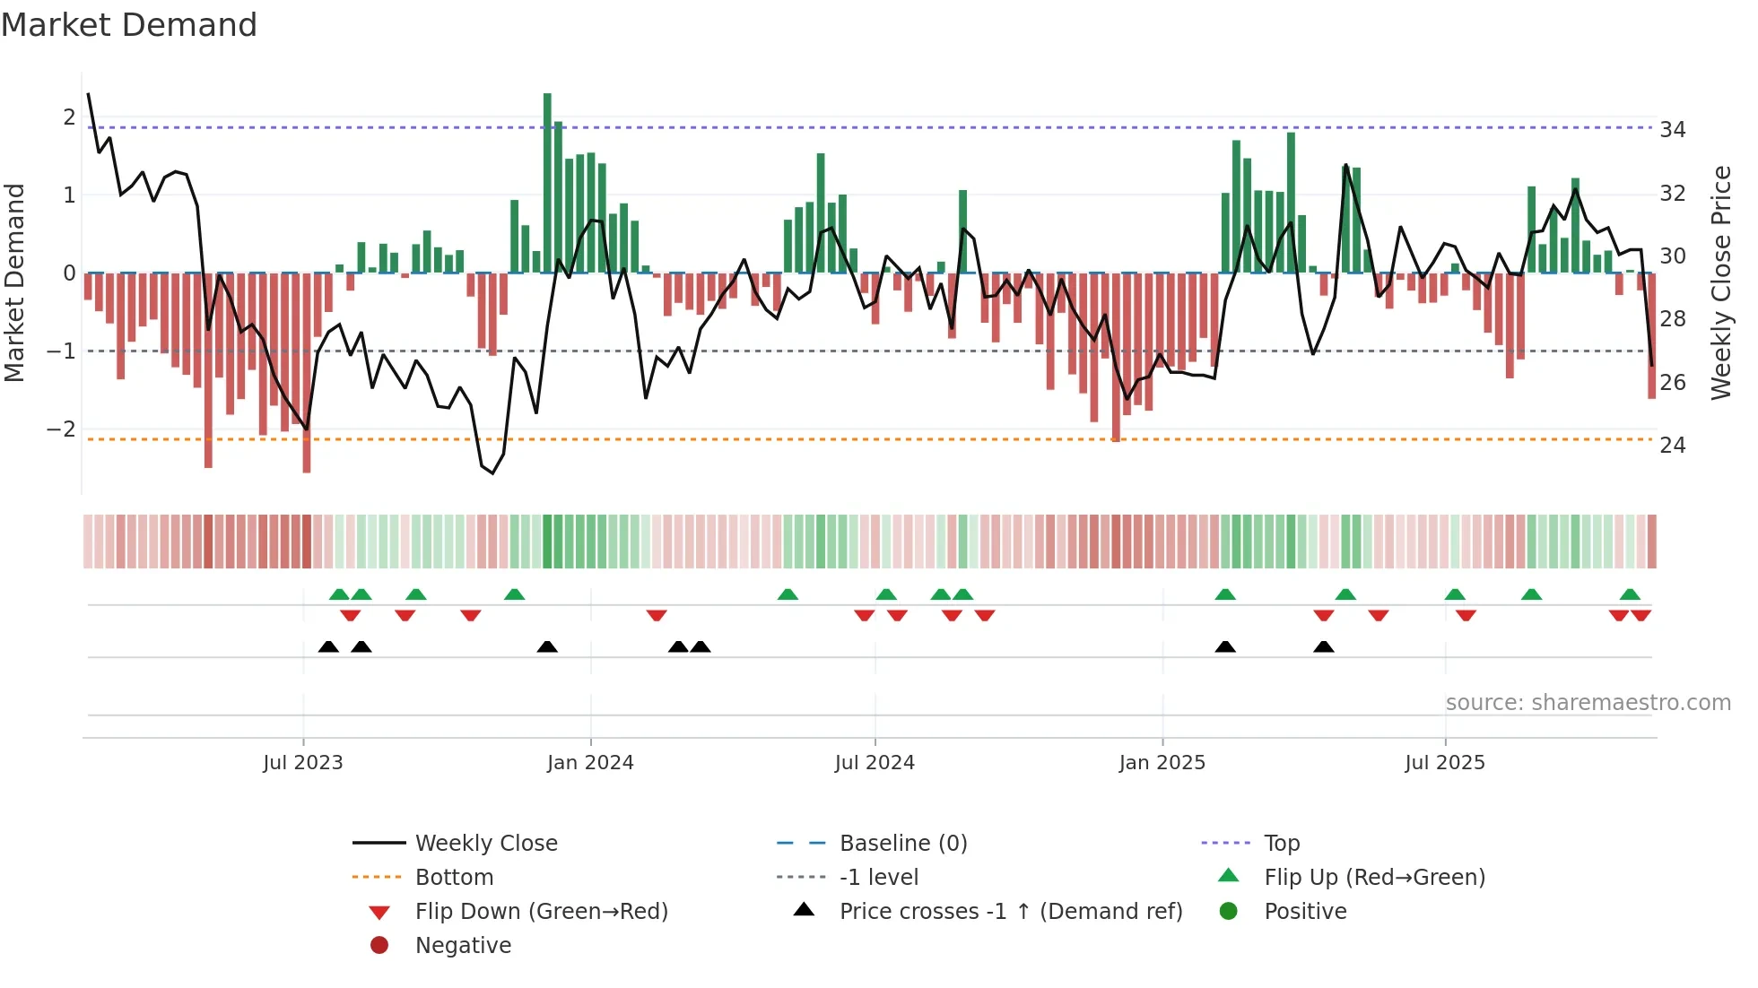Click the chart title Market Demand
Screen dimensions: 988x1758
coord(129,25)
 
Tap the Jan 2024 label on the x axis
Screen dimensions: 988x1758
coord(590,763)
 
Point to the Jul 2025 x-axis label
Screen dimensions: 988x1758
coord(1444,763)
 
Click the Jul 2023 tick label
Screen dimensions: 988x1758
coord(303,763)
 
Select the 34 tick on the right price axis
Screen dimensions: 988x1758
coord(1672,130)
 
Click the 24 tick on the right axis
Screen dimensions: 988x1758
coord(1672,446)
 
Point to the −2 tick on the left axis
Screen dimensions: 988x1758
coord(61,429)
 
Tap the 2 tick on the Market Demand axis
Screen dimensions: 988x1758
coord(69,117)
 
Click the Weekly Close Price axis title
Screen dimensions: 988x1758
coord(1720,282)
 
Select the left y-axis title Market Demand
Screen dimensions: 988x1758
coord(15,282)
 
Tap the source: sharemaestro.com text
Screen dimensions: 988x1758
coord(1588,703)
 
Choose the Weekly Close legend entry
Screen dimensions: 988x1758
coord(485,844)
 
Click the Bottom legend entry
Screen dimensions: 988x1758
coord(454,878)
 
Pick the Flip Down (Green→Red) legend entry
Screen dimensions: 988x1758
coord(541,912)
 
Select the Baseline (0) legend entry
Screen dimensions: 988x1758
coord(902,844)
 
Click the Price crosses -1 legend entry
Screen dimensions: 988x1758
coord(1010,912)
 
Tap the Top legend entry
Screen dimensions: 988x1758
coord(1281,844)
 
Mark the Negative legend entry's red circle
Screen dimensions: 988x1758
coord(379,946)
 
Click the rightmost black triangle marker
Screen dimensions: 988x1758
coord(1323,646)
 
